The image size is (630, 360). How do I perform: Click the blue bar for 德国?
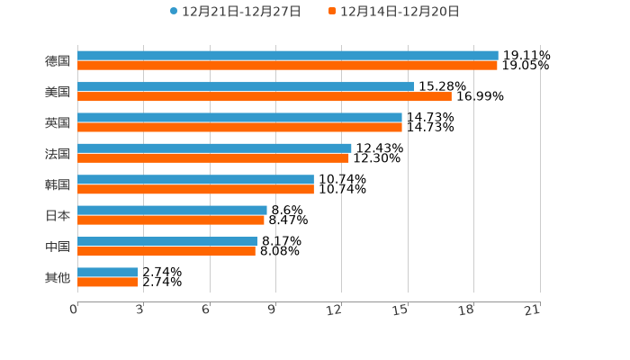click(x=288, y=56)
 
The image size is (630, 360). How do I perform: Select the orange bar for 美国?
click(x=265, y=96)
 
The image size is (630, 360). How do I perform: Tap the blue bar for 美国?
click(x=246, y=86)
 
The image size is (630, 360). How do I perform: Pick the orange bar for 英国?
click(x=239, y=127)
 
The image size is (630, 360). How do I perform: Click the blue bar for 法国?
click(x=214, y=148)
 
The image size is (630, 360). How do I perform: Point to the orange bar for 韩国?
click(x=195, y=189)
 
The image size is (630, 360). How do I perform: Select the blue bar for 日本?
click(x=172, y=211)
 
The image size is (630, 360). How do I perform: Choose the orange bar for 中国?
click(x=166, y=251)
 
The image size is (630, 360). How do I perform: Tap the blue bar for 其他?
click(x=108, y=272)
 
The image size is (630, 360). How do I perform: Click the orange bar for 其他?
click(x=108, y=282)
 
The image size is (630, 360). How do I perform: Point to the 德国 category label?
click(x=58, y=61)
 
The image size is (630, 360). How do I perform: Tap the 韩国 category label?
click(x=58, y=184)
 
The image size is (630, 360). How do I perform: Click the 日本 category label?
click(x=58, y=216)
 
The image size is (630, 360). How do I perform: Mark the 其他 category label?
click(x=58, y=277)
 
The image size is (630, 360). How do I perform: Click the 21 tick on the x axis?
click(x=532, y=310)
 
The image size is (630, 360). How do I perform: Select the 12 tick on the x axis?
click(x=334, y=310)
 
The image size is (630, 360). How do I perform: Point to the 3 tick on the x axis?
click(x=139, y=310)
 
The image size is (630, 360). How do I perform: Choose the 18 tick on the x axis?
click(x=466, y=310)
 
